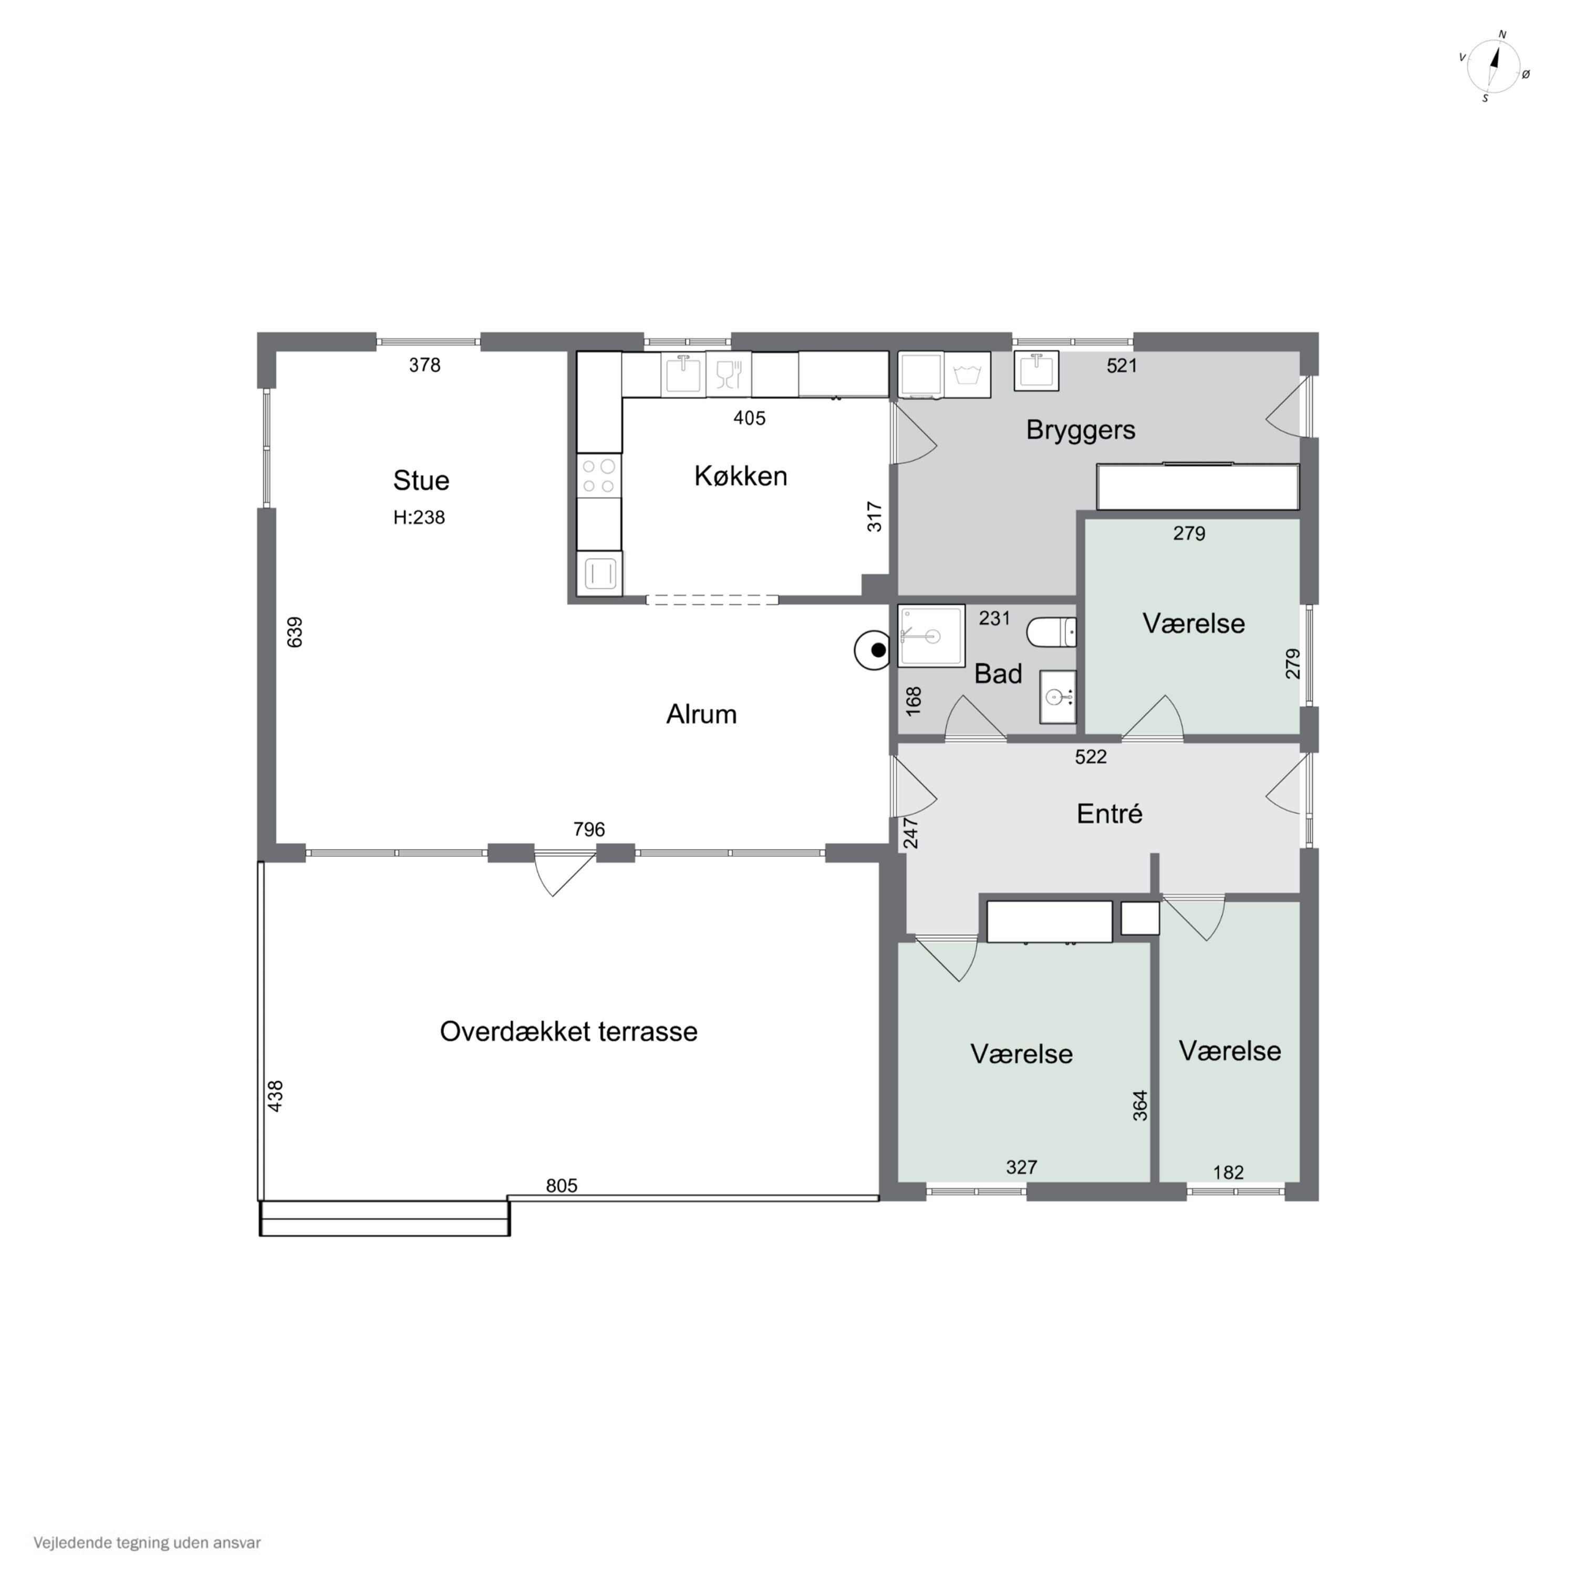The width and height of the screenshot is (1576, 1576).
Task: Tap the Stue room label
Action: click(x=421, y=481)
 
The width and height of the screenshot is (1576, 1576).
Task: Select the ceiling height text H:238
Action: click(x=419, y=517)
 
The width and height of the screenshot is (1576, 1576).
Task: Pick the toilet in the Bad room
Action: click(x=1052, y=632)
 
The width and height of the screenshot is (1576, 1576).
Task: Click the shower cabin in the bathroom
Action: click(x=931, y=636)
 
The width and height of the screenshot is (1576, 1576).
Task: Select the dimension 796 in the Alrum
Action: click(x=589, y=830)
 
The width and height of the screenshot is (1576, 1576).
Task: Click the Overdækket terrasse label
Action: click(x=568, y=1031)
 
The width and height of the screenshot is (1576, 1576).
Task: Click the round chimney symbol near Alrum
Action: click(x=872, y=651)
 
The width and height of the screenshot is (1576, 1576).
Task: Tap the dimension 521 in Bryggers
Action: click(x=1122, y=366)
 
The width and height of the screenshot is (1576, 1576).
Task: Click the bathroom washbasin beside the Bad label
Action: click(x=1058, y=698)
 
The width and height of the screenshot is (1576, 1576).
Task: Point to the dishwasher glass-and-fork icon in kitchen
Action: click(x=729, y=375)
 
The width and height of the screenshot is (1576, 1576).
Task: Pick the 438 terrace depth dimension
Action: click(x=276, y=1095)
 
